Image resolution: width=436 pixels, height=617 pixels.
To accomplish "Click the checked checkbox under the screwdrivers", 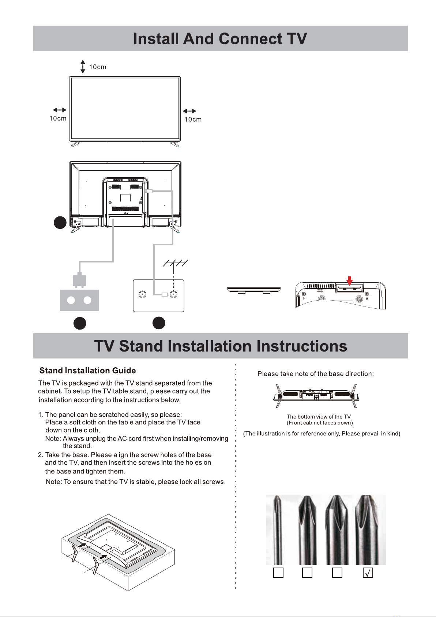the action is click(x=368, y=573).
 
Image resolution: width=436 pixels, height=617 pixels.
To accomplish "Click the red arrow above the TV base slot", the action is click(x=349, y=281).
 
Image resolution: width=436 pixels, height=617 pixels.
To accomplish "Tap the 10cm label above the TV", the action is click(x=98, y=67).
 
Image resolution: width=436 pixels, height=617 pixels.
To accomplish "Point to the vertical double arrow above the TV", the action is click(x=83, y=67).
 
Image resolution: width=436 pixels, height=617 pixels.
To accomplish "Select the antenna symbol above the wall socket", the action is click(x=176, y=263).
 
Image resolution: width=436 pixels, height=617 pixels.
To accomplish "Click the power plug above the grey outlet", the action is click(x=79, y=280).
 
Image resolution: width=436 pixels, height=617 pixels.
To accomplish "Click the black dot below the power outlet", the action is click(x=80, y=323).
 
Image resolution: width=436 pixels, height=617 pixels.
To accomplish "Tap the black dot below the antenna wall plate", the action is click(x=159, y=323).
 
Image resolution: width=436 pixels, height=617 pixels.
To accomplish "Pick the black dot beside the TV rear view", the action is click(x=60, y=223).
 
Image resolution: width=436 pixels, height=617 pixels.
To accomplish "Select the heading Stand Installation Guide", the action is click(x=87, y=371).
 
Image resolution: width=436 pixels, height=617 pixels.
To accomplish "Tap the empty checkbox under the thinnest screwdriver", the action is click(x=278, y=573).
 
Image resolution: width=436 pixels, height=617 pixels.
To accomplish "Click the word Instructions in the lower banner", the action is click(x=302, y=346).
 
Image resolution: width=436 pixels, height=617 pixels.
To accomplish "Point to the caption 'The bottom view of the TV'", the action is click(x=319, y=416).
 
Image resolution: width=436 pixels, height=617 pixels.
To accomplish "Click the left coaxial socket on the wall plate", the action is click(x=143, y=294).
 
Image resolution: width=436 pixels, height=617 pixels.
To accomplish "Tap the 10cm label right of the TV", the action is click(x=193, y=119).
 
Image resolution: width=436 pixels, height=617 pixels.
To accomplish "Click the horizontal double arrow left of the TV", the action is click(x=60, y=110).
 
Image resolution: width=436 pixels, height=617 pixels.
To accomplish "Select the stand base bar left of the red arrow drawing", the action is click(x=254, y=290).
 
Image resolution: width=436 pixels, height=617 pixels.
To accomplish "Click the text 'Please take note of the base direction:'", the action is click(x=316, y=374).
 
